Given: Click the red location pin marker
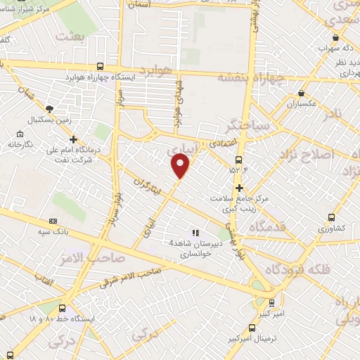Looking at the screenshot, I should click(181, 166).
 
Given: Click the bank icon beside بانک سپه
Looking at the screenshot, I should click(53, 221).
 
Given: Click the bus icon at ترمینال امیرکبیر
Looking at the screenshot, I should click(252, 327).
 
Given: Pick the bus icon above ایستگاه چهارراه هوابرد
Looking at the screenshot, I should click(99, 65).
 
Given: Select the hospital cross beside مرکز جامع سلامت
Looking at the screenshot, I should click(240, 188).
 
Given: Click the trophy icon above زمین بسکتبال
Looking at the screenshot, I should click(49, 109).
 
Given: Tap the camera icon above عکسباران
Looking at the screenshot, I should click(301, 93).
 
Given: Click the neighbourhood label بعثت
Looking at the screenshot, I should click(72, 35).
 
